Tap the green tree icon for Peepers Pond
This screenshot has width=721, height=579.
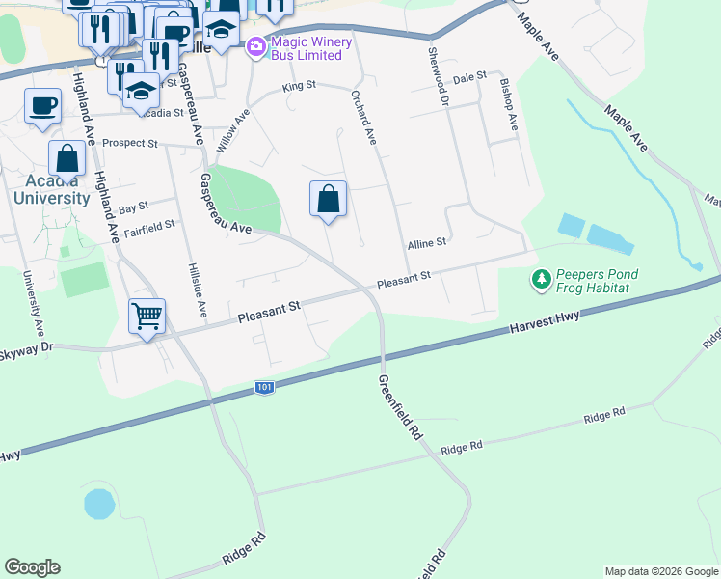(542, 280)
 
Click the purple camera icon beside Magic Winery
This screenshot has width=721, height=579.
(255, 46)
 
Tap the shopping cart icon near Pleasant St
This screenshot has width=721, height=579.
(147, 315)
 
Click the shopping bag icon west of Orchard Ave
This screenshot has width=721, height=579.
(329, 200)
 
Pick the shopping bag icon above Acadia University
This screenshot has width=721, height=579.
(68, 157)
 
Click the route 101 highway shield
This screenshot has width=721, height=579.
(265, 387)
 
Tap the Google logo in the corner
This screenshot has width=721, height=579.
(33, 567)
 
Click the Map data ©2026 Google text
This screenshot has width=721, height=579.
(661, 571)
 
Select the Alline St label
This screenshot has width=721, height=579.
(426, 243)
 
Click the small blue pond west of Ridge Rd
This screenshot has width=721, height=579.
(98, 504)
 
